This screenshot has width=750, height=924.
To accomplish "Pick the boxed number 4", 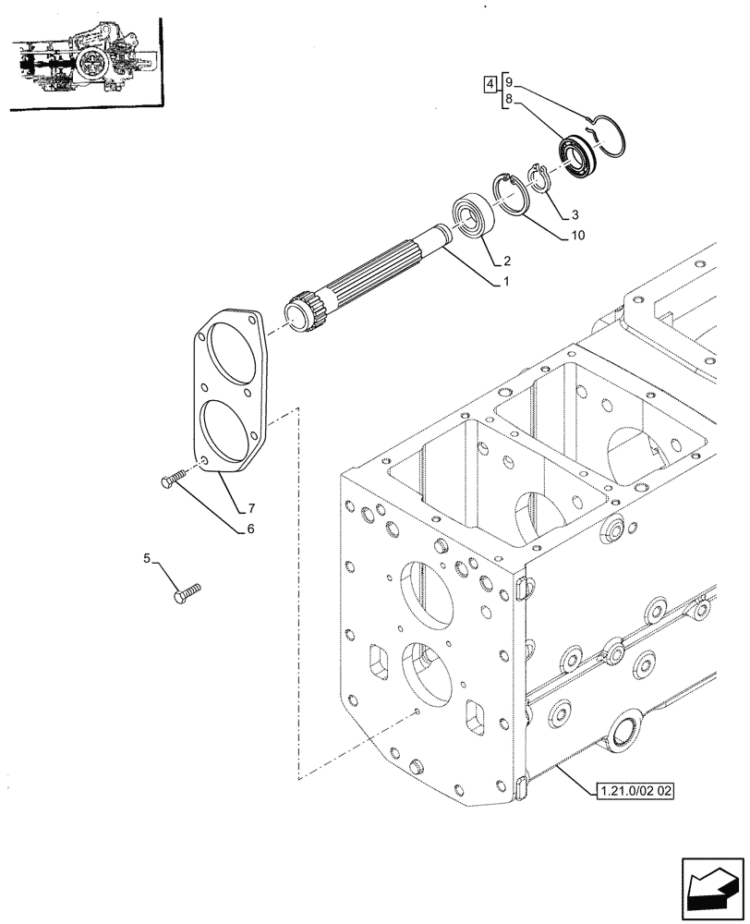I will click(x=488, y=87).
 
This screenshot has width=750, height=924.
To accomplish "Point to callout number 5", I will click(x=147, y=558).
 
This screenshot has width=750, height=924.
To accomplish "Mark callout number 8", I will click(x=509, y=97).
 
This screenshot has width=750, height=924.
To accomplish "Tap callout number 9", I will click(x=509, y=80).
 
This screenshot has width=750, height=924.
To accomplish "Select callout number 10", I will click(x=577, y=236).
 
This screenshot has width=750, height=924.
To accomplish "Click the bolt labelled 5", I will click(x=187, y=592).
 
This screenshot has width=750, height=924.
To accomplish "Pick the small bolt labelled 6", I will click(x=173, y=478).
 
